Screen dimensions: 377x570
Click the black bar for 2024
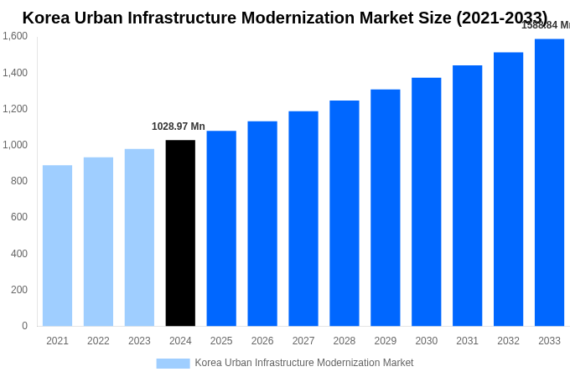point(180,233)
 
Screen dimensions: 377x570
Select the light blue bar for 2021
point(57,245)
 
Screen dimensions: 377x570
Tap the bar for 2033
point(549,183)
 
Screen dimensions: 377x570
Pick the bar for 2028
point(344,214)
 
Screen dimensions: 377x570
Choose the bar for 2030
point(426,202)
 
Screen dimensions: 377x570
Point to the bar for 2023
point(139,238)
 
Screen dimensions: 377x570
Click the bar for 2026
point(262,224)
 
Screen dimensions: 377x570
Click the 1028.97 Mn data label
point(178,127)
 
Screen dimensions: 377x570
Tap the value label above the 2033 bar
point(546,25)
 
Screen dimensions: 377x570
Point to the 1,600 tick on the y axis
point(15,36)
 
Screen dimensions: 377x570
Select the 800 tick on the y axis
point(18,181)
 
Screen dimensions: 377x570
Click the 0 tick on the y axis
point(24,326)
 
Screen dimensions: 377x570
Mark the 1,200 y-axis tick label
point(15,109)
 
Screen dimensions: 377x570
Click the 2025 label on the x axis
point(221,341)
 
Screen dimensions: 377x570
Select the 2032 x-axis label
point(508,341)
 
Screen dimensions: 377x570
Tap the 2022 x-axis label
point(98,341)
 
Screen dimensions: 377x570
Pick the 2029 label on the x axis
point(385,341)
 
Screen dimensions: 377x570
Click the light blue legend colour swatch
point(173,364)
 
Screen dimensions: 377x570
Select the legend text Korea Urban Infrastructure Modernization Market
point(303,363)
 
